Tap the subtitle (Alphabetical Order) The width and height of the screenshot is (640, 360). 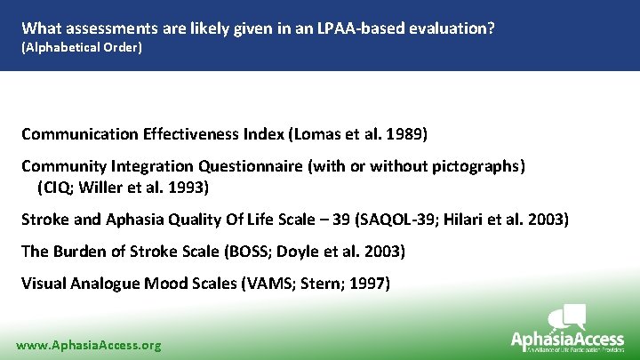coord(81,46)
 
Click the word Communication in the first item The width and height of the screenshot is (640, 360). coord(79,134)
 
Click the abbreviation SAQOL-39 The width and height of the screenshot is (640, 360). coord(397,220)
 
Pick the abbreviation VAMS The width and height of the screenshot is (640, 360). coord(270,284)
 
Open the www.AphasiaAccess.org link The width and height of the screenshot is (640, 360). coord(89,345)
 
